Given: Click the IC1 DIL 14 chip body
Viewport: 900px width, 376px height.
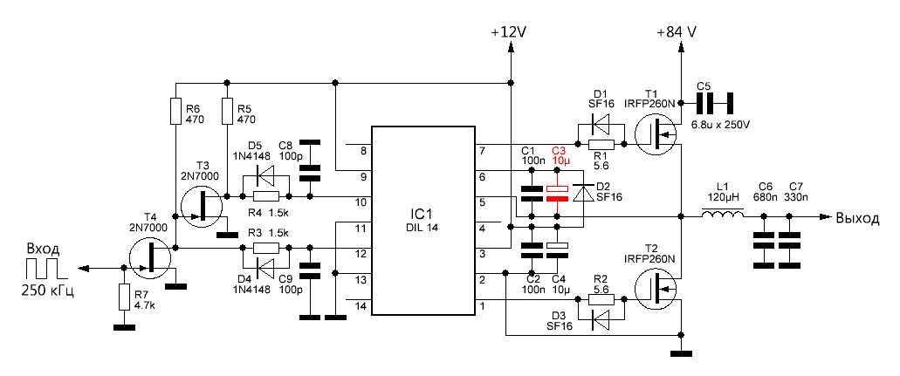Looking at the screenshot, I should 423,223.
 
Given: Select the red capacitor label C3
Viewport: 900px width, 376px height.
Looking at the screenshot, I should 559,151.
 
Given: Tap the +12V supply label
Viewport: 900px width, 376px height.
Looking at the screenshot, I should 508,31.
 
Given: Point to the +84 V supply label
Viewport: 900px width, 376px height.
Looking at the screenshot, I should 676,31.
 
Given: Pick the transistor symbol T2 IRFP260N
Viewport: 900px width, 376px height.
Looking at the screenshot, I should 656,289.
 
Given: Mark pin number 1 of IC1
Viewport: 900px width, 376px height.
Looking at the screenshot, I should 483,304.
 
